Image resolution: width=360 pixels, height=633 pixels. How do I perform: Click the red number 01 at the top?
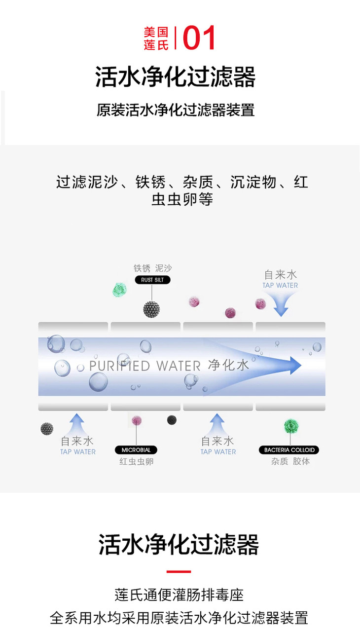tap(200, 38)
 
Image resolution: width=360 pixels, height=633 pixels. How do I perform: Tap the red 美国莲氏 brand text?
tap(156, 38)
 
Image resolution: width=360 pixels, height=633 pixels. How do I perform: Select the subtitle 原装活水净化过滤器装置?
tap(176, 110)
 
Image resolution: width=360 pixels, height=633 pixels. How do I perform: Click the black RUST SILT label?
tap(152, 280)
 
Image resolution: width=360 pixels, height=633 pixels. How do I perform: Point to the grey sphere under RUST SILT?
tap(151, 309)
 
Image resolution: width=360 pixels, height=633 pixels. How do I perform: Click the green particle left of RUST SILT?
tap(119, 290)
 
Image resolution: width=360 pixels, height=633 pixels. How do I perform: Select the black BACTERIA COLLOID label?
tap(289, 450)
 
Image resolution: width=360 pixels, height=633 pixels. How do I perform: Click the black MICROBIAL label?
tap(136, 450)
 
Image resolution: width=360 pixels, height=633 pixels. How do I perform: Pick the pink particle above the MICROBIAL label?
tap(137, 420)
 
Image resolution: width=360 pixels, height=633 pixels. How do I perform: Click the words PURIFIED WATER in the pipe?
tap(145, 366)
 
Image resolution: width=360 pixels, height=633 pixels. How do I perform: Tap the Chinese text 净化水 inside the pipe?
tap(228, 366)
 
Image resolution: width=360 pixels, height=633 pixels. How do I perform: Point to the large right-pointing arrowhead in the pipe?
tap(294, 366)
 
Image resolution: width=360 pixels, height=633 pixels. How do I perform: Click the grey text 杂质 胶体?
tap(290, 462)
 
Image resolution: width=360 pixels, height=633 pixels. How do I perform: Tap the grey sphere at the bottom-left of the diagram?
tap(47, 428)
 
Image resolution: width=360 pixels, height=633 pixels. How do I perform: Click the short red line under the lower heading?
tap(179, 572)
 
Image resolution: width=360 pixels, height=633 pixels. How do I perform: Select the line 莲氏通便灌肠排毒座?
tap(179, 595)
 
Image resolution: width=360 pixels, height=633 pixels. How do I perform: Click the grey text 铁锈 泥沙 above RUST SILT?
tap(153, 268)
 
